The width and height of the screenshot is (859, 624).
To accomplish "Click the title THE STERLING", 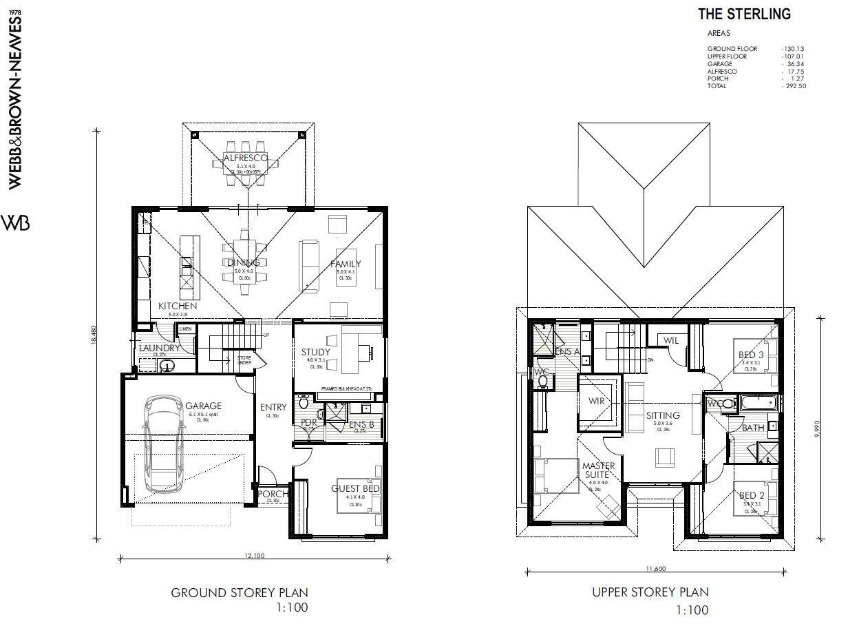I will (x=744, y=14).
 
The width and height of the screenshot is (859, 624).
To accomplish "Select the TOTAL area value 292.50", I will (x=794, y=86).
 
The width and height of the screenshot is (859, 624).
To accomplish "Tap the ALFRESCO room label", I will (x=245, y=158).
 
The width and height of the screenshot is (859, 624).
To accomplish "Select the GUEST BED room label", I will (x=355, y=488).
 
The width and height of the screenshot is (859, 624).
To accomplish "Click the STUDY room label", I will (x=315, y=352).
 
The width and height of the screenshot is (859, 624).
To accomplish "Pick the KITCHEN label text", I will (x=178, y=306).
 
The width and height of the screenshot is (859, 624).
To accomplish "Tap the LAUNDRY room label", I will (x=159, y=348).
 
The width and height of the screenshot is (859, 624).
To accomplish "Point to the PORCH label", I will (x=273, y=494).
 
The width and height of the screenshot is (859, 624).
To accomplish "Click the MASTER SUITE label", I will (x=598, y=470).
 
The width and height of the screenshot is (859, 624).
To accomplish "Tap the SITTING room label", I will (x=663, y=415).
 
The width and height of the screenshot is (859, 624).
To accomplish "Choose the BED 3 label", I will (x=751, y=355).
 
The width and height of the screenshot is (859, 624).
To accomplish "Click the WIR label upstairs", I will (x=596, y=401).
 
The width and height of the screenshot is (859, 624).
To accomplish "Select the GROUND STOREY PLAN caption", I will (x=239, y=592).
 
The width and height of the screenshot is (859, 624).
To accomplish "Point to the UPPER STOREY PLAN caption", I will (x=650, y=592).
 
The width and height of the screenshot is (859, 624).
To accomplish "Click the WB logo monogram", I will (x=17, y=223).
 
